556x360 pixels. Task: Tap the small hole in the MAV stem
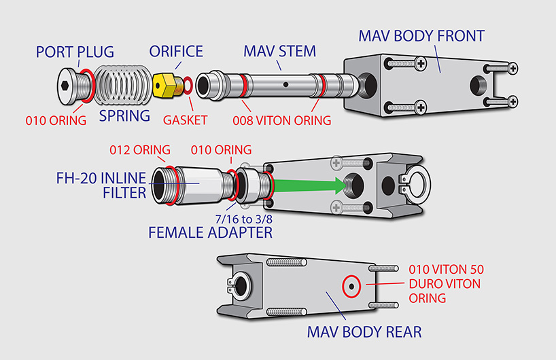point(286,86)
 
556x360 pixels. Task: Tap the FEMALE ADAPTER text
point(210,232)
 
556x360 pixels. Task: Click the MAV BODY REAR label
point(364,332)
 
